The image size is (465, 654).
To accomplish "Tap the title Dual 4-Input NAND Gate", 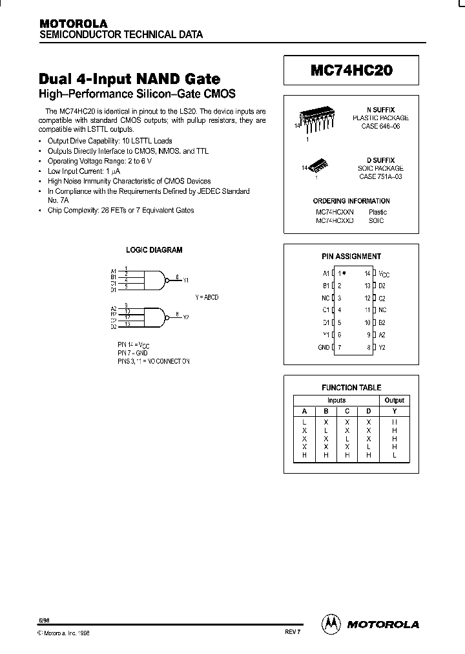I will pyautogui.click(x=130, y=79).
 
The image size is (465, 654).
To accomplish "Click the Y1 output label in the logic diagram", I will pyautogui.click(x=186, y=280).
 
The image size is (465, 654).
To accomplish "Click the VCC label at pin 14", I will pyautogui.click(x=384, y=274).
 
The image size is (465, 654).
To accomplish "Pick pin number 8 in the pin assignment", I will pyautogui.click(x=367, y=348).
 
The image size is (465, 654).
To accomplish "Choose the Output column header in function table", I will pyautogui.click(x=395, y=400).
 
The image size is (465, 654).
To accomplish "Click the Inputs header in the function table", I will pyautogui.click(x=336, y=400).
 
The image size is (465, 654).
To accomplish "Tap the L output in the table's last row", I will pyautogui.click(x=395, y=455).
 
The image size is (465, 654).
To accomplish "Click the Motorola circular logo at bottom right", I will pyautogui.click(x=332, y=624).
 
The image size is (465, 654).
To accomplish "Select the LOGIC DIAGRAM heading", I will pyautogui.click(x=154, y=249).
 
